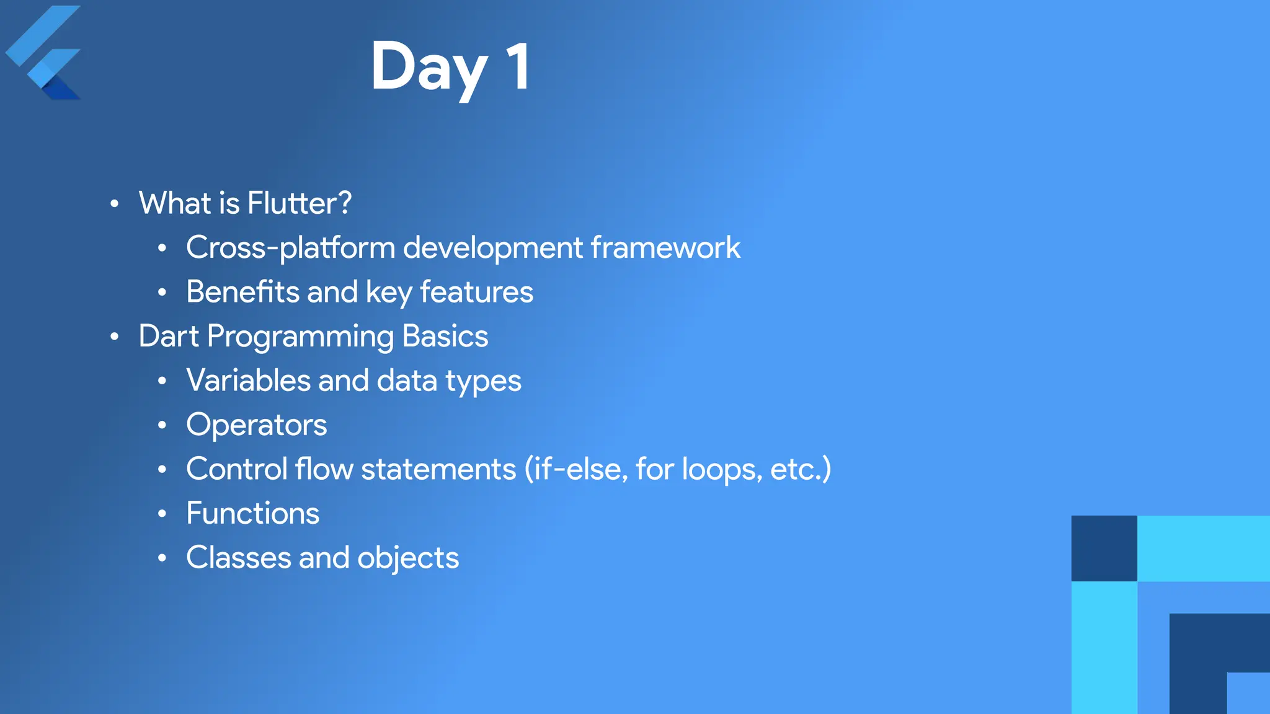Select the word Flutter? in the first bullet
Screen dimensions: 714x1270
(299, 203)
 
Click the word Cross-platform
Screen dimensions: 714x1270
(290, 248)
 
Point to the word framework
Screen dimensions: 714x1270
(665, 248)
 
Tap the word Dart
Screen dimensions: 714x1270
(169, 337)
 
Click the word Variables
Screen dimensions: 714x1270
(247, 381)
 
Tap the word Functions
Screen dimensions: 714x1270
(252, 514)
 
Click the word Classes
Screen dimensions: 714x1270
(238, 558)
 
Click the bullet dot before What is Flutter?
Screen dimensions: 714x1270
(114, 204)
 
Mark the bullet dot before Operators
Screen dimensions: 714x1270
(162, 425)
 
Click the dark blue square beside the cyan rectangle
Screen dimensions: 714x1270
(1104, 549)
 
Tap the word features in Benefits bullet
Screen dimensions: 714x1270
(476, 292)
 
